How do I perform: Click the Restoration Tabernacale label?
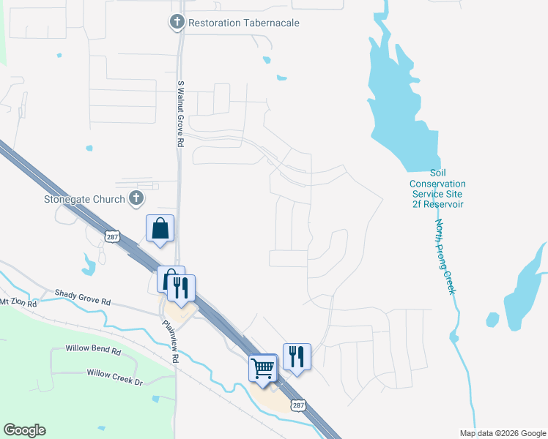pyautogui.click(x=243, y=23)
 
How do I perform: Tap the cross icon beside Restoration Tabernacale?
pyautogui.click(x=176, y=23)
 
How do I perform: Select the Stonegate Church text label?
pyautogui.click(x=85, y=198)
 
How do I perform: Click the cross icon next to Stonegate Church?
pyautogui.click(x=136, y=198)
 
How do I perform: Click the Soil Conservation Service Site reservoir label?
pyautogui.click(x=437, y=188)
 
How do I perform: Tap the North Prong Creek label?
pyautogui.click(x=445, y=257)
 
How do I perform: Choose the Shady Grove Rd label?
pyautogui.click(x=82, y=297)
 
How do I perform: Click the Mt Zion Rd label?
pyautogui.click(x=14, y=301)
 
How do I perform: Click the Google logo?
pyautogui.click(x=24, y=430)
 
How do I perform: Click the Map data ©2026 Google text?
pyautogui.click(x=502, y=433)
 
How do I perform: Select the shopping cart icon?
pyautogui.click(x=262, y=367)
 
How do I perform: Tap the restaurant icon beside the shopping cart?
pyautogui.click(x=296, y=356)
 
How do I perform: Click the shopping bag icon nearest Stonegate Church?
pyautogui.click(x=160, y=228)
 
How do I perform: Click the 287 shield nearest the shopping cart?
pyautogui.click(x=298, y=405)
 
